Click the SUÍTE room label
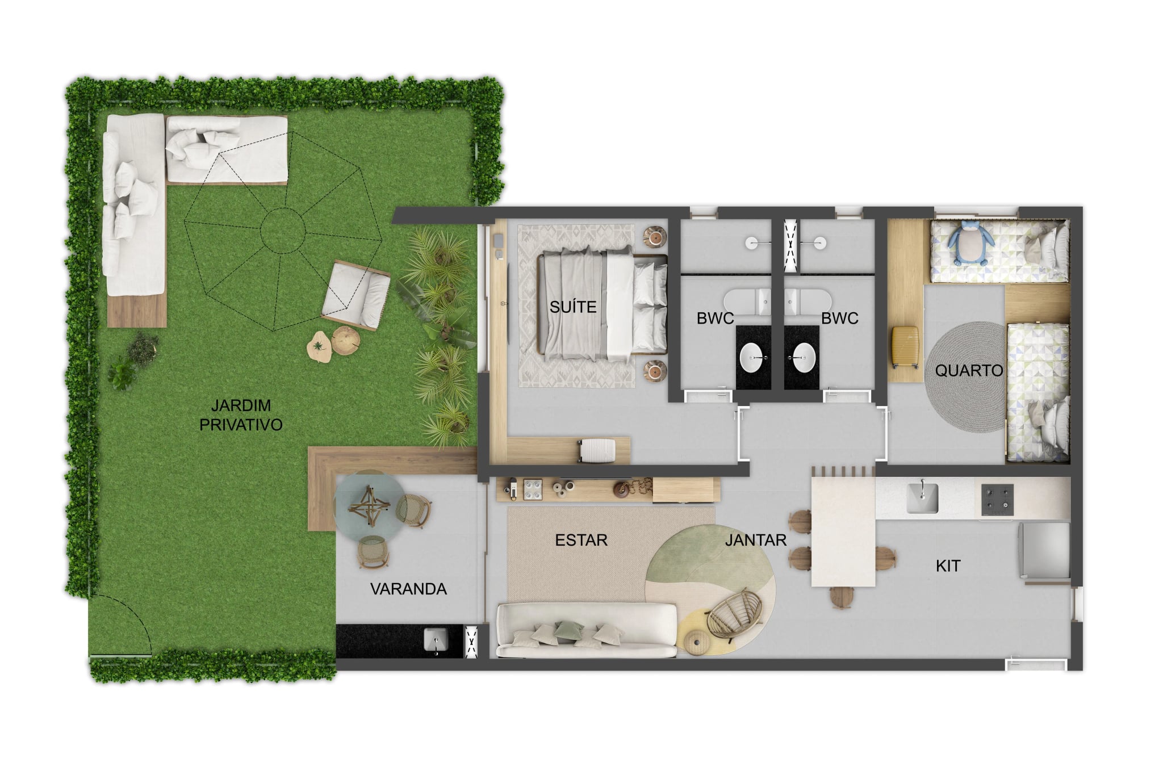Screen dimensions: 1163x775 click(x=572, y=307)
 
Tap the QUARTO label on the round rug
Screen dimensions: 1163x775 click(x=969, y=371)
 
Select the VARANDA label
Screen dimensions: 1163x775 click(x=408, y=589)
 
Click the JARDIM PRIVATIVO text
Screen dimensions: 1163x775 click(x=241, y=415)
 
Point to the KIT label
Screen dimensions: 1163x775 click(x=948, y=565)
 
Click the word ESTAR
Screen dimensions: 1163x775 click(x=581, y=540)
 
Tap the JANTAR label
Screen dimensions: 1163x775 click(x=755, y=540)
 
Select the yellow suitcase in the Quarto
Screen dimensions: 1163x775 click(x=905, y=347)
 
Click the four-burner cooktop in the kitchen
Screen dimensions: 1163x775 click(x=997, y=500)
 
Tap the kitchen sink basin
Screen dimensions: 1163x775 click(x=922, y=498)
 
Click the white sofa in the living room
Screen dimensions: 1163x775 click(x=587, y=631)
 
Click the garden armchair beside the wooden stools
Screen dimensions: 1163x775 click(x=356, y=295)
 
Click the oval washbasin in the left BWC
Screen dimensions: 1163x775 click(x=752, y=358)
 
